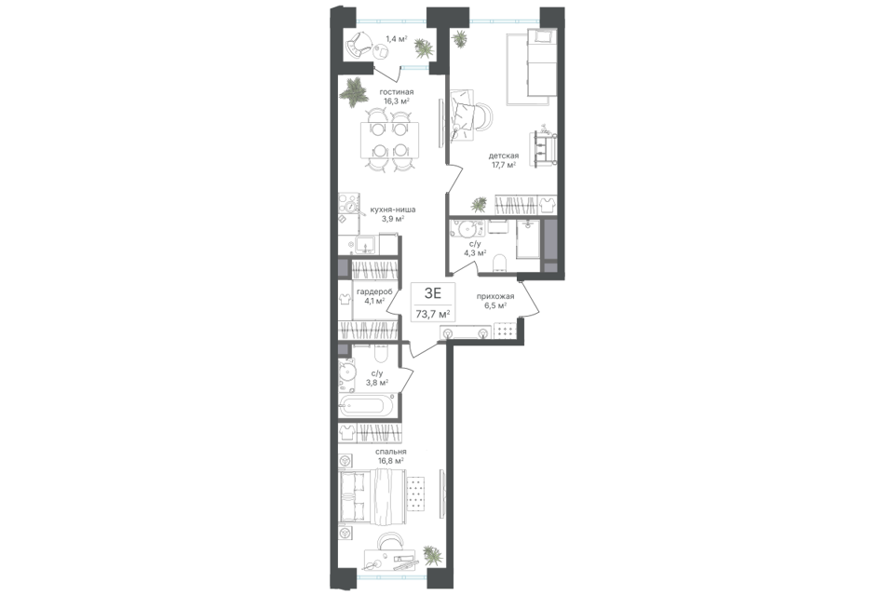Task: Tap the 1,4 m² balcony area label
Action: point(396,39)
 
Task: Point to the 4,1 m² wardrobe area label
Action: point(374,300)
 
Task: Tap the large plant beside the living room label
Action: point(355,90)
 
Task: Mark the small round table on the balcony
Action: point(380,53)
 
